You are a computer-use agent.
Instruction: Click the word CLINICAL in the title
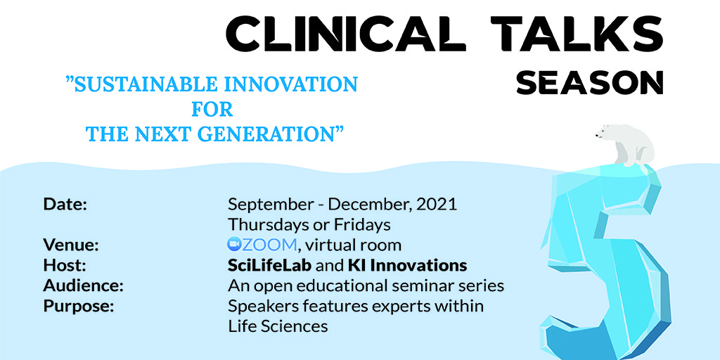(346, 32)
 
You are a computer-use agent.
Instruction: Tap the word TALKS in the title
(578, 32)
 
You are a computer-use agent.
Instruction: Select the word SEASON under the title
(590, 83)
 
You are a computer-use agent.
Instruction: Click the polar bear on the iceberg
(625, 145)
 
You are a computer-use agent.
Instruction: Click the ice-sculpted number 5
(606, 262)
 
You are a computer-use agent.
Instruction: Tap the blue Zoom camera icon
(234, 245)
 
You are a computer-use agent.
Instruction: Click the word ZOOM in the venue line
(269, 245)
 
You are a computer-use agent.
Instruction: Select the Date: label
(65, 205)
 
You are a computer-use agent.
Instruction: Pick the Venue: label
(71, 245)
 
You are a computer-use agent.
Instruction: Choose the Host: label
(65, 265)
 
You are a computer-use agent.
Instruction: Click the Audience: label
(84, 286)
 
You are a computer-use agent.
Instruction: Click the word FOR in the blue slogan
(212, 109)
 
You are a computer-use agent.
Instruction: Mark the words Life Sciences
(278, 326)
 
